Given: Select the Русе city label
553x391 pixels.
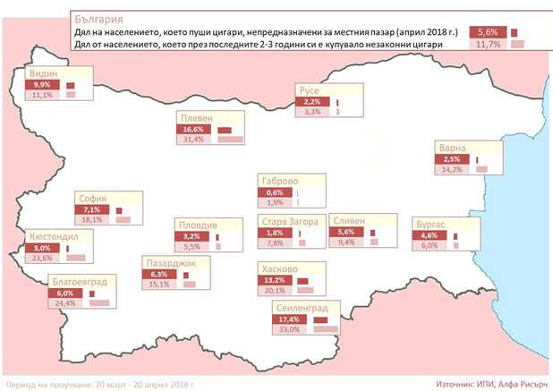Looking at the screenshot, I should (310, 90).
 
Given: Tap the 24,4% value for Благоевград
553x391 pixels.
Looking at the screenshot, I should (64, 302).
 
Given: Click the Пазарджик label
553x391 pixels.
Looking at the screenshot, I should (174, 262).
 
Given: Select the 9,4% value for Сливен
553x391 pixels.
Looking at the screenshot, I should (345, 242).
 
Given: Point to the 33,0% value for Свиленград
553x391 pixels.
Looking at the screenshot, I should (290, 328).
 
